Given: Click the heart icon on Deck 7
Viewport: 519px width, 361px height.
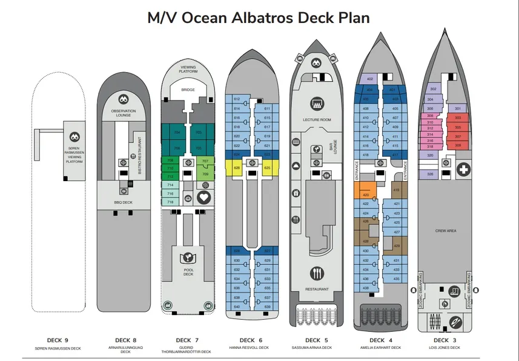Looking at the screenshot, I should click(203, 197).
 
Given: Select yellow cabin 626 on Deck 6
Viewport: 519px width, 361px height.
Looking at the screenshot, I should click(237, 167).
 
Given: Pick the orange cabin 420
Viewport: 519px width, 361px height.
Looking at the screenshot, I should click(366, 195).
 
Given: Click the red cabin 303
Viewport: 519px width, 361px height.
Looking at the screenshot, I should click(458, 118).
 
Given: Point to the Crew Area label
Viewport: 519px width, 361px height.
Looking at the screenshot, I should click(446, 231).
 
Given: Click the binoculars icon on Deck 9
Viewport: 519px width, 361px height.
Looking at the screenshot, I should click(74, 137).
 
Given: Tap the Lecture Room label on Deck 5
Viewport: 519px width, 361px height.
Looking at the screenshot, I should click(317, 120).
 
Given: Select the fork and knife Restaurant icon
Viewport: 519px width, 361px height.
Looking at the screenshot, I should click(317, 274).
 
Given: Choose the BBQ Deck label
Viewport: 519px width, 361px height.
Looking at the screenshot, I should click(123, 202).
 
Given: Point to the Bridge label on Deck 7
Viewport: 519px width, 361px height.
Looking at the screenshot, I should click(188, 90).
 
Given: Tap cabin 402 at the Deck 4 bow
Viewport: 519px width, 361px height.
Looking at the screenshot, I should click(369, 79).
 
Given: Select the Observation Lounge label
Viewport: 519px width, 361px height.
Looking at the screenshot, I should click(124, 113).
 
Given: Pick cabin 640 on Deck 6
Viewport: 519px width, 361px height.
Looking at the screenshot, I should click(237, 306).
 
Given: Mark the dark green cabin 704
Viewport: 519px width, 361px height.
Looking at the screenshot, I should click(177, 132).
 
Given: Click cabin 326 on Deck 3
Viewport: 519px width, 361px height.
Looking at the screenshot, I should click(431, 174).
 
